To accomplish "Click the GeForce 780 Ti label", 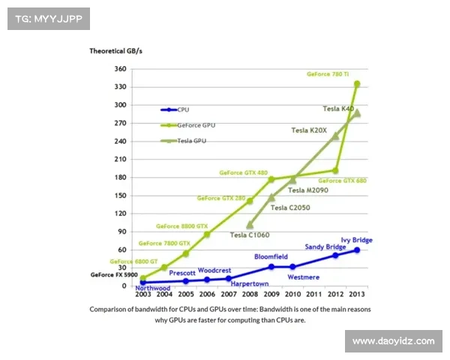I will [x=328, y=74].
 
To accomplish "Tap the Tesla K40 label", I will [x=337, y=109].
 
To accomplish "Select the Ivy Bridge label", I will [x=357, y=240].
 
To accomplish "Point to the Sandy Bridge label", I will [x=325, y=247].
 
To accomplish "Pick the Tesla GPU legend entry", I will [x=190, y=140].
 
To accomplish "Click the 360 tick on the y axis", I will [x=120, y=69].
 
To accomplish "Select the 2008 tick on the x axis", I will [x=250, y=295].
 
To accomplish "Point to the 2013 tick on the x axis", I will [x=357, y=295].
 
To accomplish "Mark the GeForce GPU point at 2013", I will [x=357, y=84].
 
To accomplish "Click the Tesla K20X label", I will [x=309, y=130].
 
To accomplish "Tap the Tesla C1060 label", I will [x=249, y=235].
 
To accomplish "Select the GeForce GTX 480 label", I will [x=243, y=172].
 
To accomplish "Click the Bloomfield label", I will [x=271, y=256].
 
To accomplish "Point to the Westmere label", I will [x=304, y=276].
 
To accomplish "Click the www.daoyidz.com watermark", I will [x=393, y=341].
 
